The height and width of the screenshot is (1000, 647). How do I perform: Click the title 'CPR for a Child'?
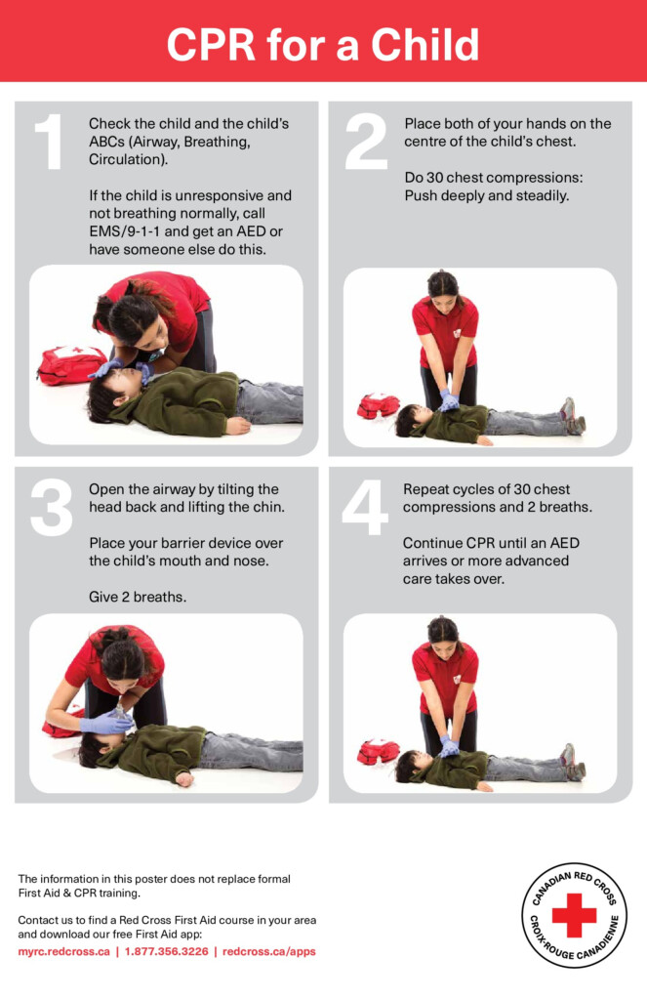(x=323, y=45)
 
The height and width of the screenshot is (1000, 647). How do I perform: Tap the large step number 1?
(x=49, y=143)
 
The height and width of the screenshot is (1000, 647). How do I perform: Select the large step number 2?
(x=366, y=143)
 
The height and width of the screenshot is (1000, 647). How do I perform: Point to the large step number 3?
(x=51, y=509)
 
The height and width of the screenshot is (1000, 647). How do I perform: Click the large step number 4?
(x=365, y=509)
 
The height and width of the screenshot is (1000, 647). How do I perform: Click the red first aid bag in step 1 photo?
(x=70, y=364)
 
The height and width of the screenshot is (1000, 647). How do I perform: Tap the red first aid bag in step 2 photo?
(x=378, y=404)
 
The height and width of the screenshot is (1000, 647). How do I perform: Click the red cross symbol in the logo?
(x=574, y=914)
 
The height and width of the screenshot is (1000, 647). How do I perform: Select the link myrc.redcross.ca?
(x=63, y=951)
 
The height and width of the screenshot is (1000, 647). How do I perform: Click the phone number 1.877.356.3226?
(x=165, y=951)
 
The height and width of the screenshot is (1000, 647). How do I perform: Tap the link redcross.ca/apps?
(x=269, y=951)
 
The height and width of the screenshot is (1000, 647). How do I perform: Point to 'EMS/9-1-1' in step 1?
(x=123, y=231)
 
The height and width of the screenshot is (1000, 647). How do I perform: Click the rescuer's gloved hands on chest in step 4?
(x=448, y=747)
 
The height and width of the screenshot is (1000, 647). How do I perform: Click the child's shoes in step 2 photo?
(x=572, y=416)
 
